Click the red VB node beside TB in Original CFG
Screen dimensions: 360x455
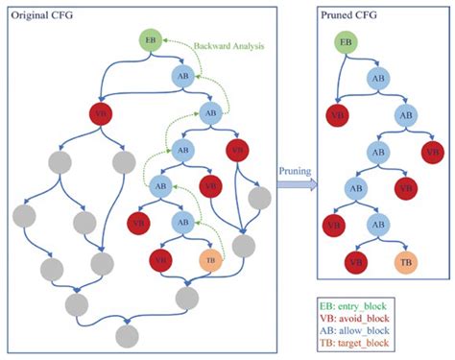[159, 259]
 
